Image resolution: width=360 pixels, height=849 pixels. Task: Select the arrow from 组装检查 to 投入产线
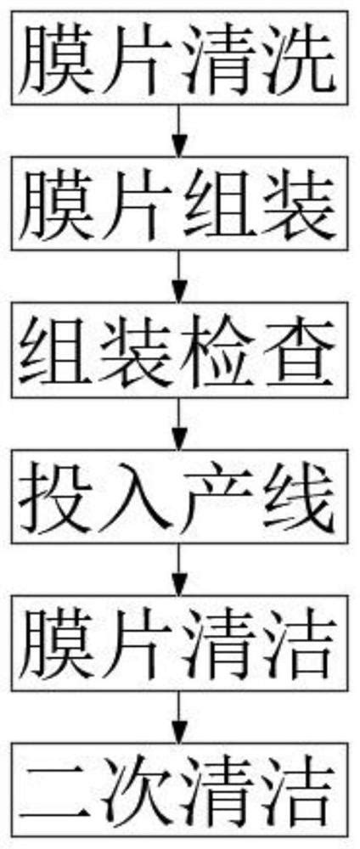click(179, 430)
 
